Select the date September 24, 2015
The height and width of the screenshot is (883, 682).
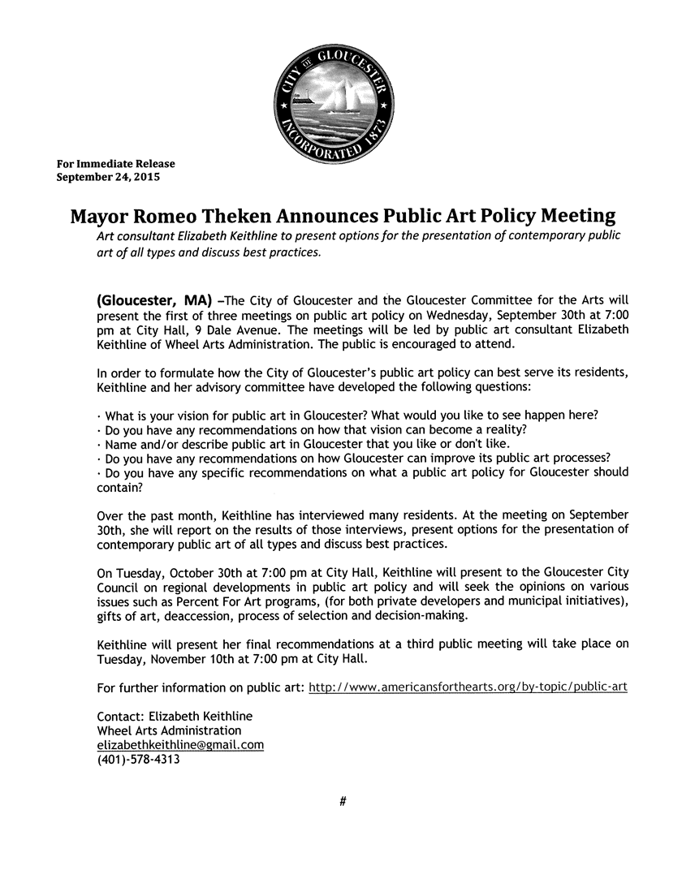pos(108,176)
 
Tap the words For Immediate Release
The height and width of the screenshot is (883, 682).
pos(115,164)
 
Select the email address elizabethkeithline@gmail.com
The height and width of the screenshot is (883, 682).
pos(180,745)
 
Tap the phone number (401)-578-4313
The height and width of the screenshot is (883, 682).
pos(138,760)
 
